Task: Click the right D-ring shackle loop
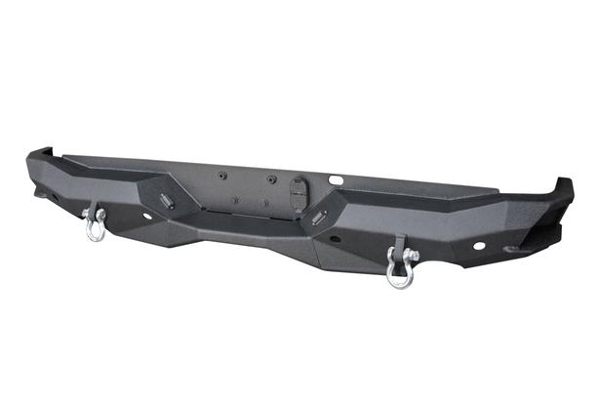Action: click(398, 276)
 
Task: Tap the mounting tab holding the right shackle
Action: click(400, 244)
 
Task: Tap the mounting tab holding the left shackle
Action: click(99, 209)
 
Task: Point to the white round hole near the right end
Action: click(479, 245)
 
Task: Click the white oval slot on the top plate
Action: click(336, 180)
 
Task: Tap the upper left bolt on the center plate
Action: click(222, 176)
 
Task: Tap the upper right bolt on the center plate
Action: click(273, 180)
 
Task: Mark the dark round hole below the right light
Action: click(334, 238)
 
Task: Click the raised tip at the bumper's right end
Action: click(563, 184)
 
